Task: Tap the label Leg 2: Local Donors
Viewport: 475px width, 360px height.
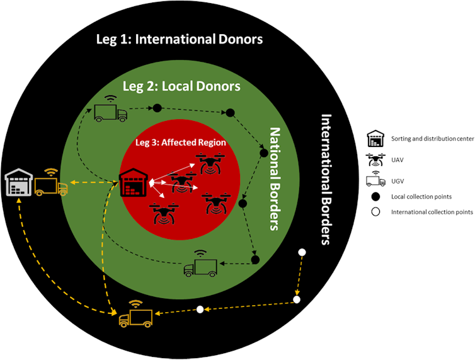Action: (x=180, y=85)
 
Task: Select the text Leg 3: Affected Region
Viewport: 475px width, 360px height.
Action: (x=181, y=142)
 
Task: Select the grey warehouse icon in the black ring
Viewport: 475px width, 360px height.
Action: (x=18, y=183)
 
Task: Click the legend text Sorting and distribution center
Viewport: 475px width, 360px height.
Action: (x=432, y=138)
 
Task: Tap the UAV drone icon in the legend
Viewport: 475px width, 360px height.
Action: (x=377, y=160)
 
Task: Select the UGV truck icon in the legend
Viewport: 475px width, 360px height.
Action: (x=376, y=180)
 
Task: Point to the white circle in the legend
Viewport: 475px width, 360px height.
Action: (x=376, y=212)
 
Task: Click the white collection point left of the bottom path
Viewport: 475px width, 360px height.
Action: (x=200, y=309)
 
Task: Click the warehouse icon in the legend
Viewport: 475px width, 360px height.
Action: (x=376, y=137)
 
